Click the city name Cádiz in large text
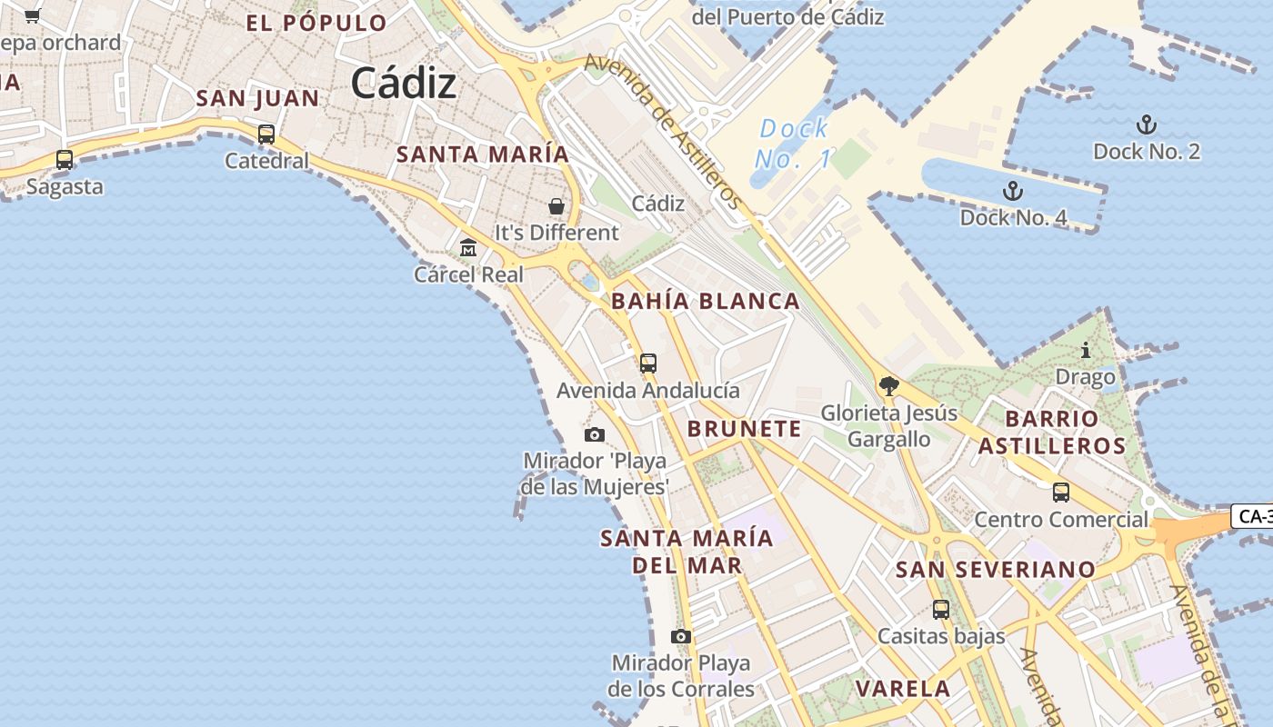click(403, 84)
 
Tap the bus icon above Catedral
click(266, 134)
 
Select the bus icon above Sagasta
click(65, 160)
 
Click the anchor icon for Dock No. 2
click(1147, 124)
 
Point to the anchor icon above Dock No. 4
click(1012, 191)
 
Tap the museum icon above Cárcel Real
click(468, 247)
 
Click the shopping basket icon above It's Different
click(556, 206)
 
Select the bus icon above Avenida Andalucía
click(647, 363)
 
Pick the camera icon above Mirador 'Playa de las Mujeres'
click(595, 434)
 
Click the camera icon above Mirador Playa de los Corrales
click(681, 636)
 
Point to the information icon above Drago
click(1085, 350)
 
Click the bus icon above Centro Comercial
click(1061, 493)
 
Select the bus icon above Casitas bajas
click(941, 609)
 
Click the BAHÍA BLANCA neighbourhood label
click(706, 301)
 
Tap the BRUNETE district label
click(745, 429)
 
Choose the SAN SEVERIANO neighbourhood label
click(996, 570)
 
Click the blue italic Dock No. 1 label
click(793, 144)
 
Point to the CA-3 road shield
click(1253, 516)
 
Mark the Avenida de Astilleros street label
click(664, 131)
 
